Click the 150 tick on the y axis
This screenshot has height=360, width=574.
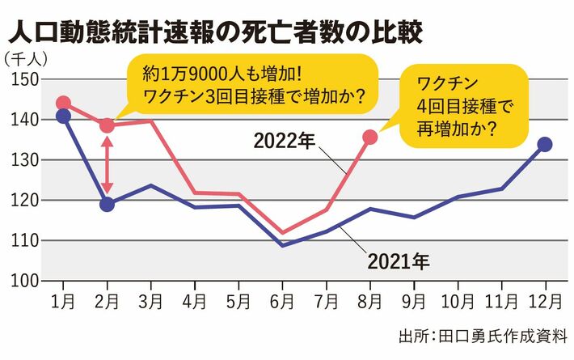pos(26,79)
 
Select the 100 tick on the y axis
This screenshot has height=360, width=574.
pos(26,281)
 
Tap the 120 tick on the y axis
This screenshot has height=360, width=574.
pos(26,200)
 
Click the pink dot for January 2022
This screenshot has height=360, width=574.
pos(63,104)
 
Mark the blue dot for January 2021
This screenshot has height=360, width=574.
pos(63,116)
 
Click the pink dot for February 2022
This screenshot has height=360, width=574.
pos(107,125)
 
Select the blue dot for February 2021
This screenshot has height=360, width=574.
pos(107,204)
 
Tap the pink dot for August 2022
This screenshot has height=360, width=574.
pos(369,137)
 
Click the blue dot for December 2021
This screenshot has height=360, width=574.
pos(544,144)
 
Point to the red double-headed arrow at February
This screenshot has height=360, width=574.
pos(107,164)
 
